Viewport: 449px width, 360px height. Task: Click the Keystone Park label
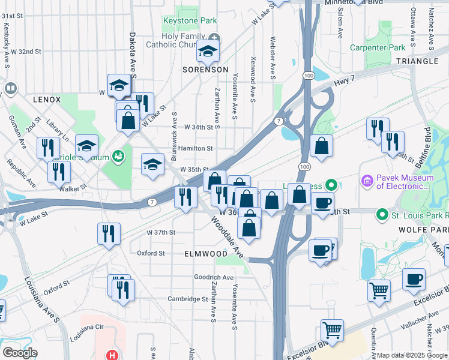[x=190, y=21]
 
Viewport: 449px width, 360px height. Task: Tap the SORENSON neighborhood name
[x=205, y=70]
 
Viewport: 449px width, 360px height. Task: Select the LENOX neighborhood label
[x=47, y=99]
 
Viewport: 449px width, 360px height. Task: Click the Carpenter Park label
[x=378, y=47]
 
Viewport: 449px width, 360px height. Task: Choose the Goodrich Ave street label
[x=213, y=277]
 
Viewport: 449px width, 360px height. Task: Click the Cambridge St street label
[x=187, y=299]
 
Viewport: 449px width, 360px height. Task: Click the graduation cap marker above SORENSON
[x=208, y=52]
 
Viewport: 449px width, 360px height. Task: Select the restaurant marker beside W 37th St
[x=109, y=233]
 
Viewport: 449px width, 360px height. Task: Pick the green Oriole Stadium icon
[x=118, y=157]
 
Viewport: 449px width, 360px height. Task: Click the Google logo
[x=20, y=353]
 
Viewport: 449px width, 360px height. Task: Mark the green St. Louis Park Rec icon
[x=381, y=214]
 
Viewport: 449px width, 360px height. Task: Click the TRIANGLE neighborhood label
[x=417, y=61]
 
